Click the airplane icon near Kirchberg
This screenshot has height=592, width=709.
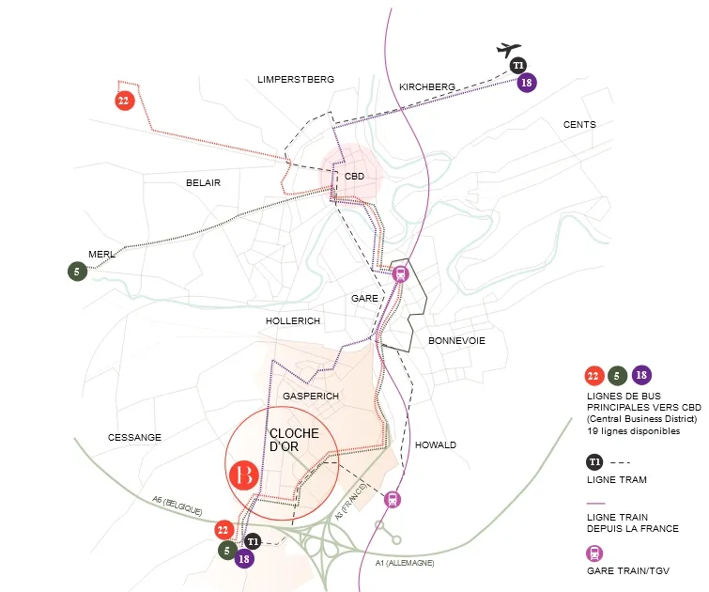pyautogui.click(x=509, y=49)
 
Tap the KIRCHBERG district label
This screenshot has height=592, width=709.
pyautogui.click(x=427, y=86)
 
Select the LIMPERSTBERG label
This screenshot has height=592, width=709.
pyautogui.click(x=296, y=80)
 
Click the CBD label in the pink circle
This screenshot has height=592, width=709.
pyautogui.click(x=354, y=176)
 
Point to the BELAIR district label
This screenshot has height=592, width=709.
pyautogui.click(x=203, y=183)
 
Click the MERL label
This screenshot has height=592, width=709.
pyautogui.click(x=101, y=255)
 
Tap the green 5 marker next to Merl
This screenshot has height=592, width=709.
pyautogui.click(x=77, y=272)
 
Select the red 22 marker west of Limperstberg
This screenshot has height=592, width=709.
pyautogui.click(x=124, y=101)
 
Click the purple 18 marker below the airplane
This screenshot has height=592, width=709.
pyautogui.click(x=526, y=83)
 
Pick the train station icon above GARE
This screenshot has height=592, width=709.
pyautogui.click(x=400, y=273)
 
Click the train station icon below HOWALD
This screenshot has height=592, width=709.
pyautogui.click(x=392, y=500)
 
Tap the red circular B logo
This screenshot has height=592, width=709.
pyautogui.click(x=244, y=475)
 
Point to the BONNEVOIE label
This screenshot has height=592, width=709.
pyautogui.click(x=456, y=341)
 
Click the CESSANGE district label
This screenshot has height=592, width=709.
pyautogui.click(x=134, y=438)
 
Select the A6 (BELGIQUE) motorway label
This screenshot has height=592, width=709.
pyautogui.click(x=177, y=506)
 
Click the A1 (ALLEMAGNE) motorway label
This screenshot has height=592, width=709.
pyautogui.click(x=405, y=563)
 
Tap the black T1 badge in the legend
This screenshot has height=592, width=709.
pyautogui.click(x=594, y=462)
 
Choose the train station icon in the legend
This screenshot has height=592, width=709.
pyautogui.click(x=594, y=553)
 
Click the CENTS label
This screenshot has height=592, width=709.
pyautogui.click(x=579, y=124)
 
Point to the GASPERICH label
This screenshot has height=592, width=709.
pyautogui.click(x=311, y=396)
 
